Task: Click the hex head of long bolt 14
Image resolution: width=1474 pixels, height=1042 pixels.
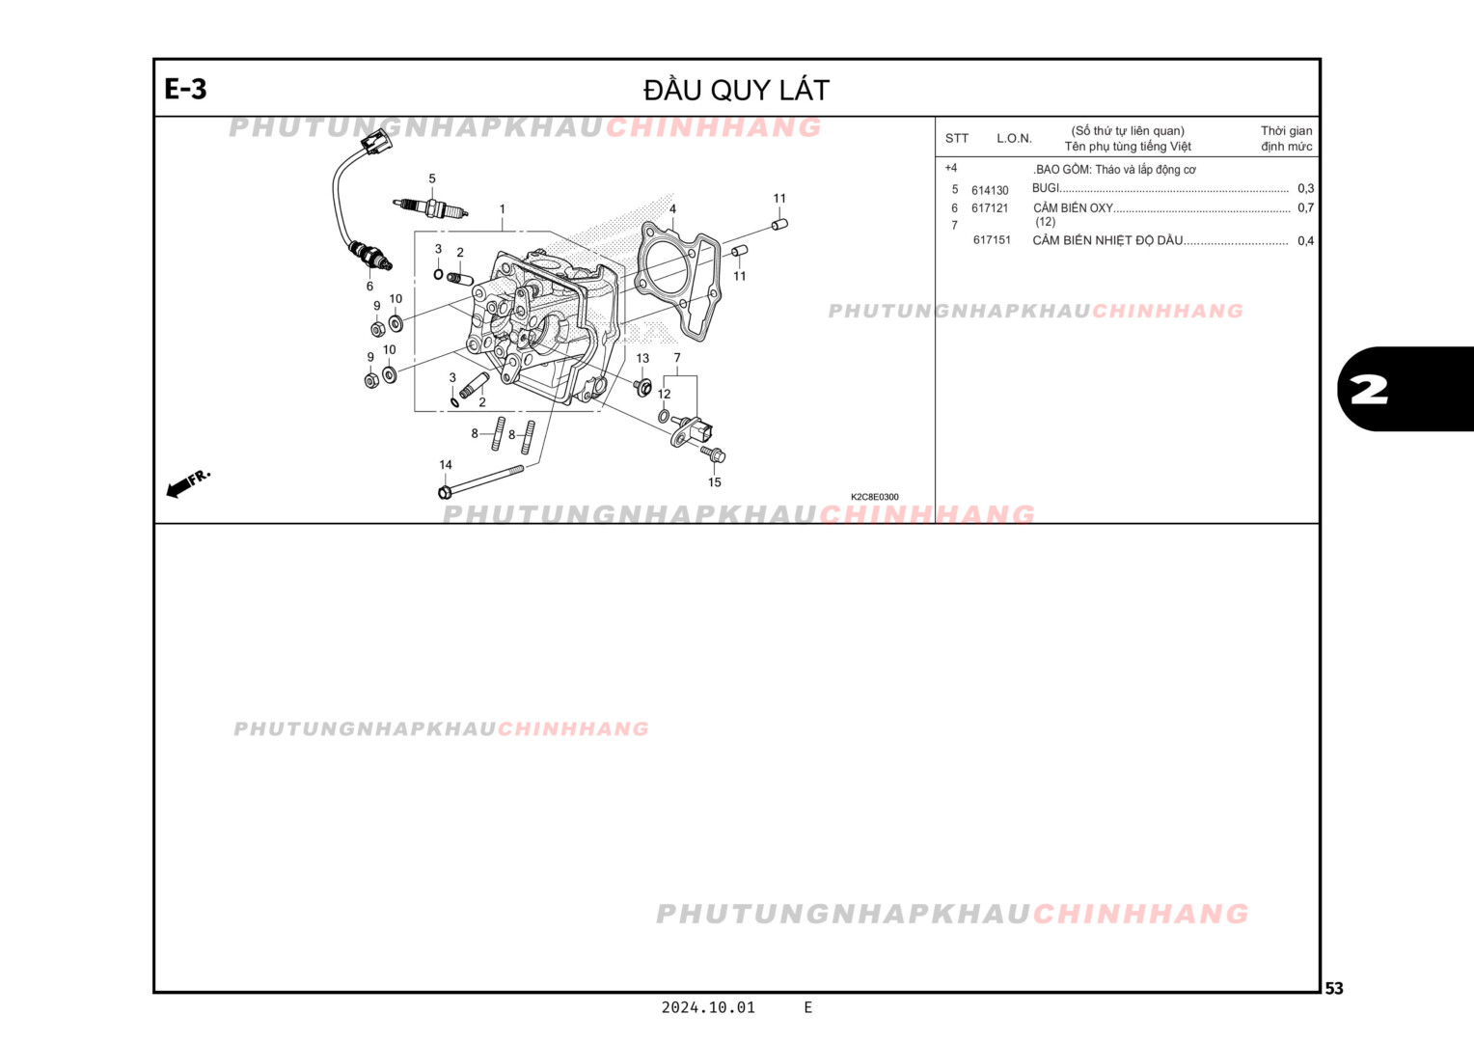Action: tap(444, 492)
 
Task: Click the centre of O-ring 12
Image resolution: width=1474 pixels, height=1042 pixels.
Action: tap(664, 416)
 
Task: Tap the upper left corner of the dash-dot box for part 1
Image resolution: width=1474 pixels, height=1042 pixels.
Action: tap(415, 232)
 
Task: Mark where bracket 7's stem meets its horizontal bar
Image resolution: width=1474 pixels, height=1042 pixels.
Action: tap(678, 376)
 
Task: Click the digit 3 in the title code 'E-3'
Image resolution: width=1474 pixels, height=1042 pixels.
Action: tap(198, 89)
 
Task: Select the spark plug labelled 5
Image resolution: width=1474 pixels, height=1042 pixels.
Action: tap(431, 208)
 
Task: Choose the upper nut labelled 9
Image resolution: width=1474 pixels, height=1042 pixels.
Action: tap(378, 328)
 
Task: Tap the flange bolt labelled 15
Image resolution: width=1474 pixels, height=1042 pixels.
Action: tap(713, 453)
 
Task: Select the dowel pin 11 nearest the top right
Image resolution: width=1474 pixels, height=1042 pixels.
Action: tap(779, 225)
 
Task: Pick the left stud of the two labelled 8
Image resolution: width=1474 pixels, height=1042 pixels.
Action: tap(498, 434)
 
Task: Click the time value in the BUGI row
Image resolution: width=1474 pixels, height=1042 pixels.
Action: tap(1305, 189)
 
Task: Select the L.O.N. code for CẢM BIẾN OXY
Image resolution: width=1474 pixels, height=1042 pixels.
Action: tap(990, 208)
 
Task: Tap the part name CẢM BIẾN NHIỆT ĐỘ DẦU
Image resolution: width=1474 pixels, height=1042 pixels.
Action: tap(1107, 240)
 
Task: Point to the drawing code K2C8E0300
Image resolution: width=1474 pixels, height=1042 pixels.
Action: tap(875, 497)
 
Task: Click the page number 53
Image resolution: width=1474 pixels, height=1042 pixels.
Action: tap(1334, 989)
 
